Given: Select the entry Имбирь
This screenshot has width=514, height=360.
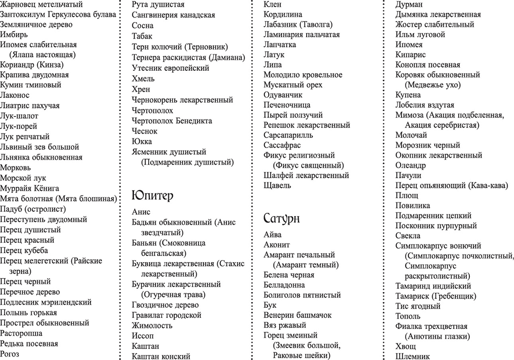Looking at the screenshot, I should (14, 35).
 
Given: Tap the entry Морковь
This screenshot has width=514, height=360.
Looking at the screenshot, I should (16, 168).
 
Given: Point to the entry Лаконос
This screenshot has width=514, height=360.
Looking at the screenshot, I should (15, 95).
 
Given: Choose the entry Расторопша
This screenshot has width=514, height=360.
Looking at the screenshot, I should (21, 333).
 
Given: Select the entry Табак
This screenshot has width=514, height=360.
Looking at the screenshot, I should (142, 36).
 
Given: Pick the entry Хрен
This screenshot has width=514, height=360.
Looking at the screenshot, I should (141, 89).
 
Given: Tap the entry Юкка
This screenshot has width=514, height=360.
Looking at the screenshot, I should (142, 141).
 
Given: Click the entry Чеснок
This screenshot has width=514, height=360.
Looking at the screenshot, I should (145, 131).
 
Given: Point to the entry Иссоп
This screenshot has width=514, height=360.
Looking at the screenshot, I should (143, 335).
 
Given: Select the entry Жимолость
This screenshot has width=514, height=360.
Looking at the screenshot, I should (152, 325).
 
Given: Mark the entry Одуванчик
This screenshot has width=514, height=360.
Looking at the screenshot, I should (283, 94).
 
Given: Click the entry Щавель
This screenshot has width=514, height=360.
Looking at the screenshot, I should (277, 185).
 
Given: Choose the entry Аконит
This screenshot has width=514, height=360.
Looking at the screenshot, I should (277, 245).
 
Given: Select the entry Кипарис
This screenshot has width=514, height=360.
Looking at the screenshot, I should (411, 54).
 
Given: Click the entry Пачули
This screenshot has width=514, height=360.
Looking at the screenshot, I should (408, 175).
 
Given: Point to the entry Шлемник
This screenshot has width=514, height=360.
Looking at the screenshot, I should (413, 356).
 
